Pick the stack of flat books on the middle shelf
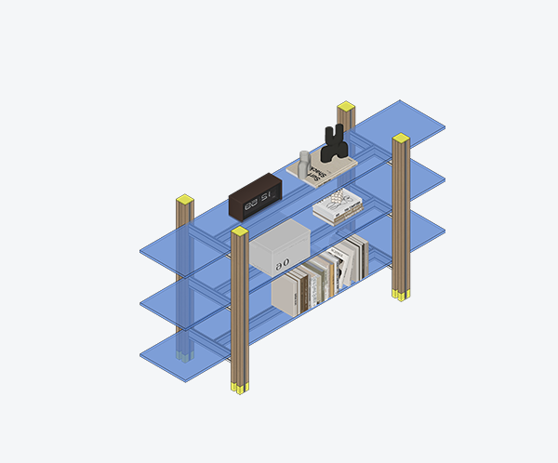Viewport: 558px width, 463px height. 337,208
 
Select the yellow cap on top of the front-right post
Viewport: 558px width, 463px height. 401,139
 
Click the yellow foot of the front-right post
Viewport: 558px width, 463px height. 400,295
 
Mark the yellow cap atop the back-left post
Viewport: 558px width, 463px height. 184,199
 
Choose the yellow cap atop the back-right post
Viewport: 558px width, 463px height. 346,106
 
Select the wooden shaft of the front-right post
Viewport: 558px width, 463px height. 401,218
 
